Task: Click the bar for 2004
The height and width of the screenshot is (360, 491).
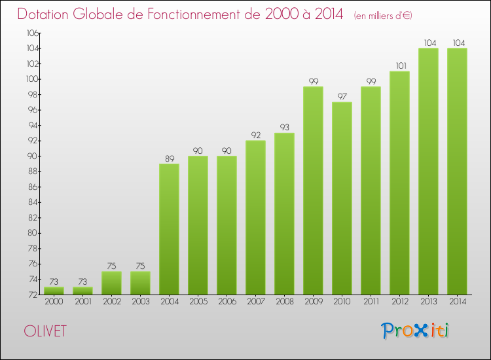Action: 169,229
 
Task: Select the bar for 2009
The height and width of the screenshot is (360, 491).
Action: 313,190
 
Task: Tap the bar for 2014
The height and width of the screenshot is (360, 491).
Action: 457,171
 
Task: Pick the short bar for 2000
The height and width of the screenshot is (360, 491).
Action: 54,291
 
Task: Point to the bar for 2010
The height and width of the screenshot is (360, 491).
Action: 342,198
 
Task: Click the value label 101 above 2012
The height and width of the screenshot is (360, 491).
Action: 399,65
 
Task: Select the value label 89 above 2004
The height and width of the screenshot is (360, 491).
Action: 169,158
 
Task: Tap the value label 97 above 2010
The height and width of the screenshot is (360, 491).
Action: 342,96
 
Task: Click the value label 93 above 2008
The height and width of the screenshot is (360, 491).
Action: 284,127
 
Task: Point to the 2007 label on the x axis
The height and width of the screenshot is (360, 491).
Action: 255,302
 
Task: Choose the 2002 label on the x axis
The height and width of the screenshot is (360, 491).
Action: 111,302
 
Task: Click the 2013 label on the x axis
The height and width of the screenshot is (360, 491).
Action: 428,302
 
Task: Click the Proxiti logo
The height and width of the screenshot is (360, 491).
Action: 416,331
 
